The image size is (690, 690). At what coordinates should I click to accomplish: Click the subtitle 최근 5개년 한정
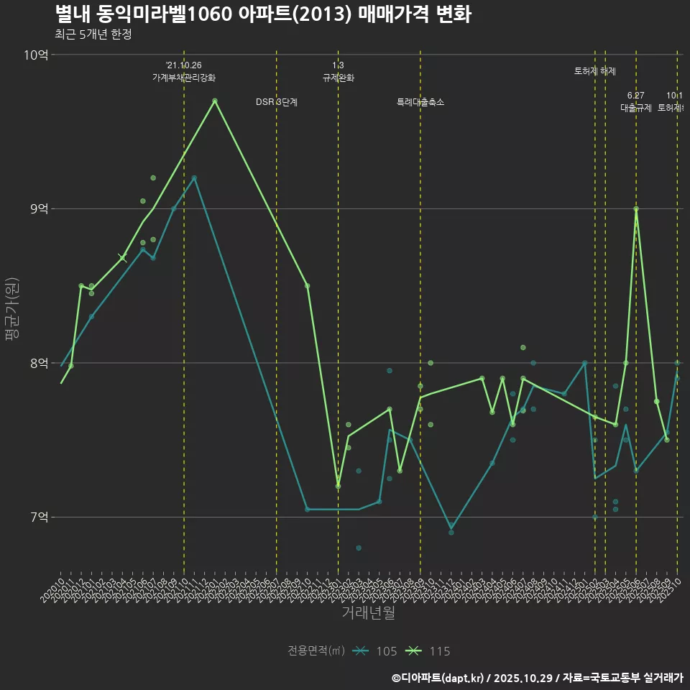coord(93,34)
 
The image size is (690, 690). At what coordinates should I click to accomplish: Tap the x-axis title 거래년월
coord(368,613)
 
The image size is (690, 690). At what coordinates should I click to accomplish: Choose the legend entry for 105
coord(377,651)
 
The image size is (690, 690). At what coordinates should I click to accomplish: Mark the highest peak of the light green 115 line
coord(215,101)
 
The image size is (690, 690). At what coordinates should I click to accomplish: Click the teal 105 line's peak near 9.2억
coord(194,178)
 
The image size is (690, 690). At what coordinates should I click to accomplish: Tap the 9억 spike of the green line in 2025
coord(636,209)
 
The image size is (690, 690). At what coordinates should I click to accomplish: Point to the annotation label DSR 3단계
coord(277,103)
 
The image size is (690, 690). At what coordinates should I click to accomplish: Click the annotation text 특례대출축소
coord(420,103)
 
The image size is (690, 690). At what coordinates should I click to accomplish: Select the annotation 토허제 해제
coord(595,71)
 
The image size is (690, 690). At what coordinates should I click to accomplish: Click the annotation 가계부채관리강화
coord(184,78)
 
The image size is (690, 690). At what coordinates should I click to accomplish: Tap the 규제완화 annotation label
coord(338,78)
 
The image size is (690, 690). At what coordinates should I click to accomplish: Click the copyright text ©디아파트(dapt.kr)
coord(438,678)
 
